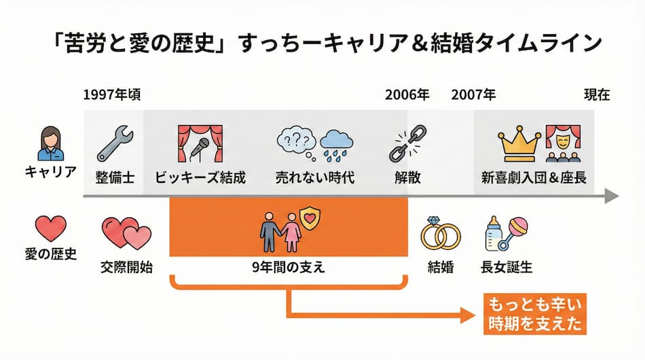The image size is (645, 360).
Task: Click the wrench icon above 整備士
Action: [x=115, y=143]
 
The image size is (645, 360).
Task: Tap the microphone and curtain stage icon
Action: [x=200, y=143]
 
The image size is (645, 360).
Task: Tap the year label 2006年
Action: [x=407, y=94]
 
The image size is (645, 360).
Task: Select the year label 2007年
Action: [x=473, y=94]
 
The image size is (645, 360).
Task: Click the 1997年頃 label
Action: [x=112, y=94]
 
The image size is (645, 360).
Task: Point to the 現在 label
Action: [x=597, y=94]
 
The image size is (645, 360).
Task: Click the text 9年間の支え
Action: [x=288, y=267]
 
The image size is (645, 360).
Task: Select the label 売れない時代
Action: [x=315, y=178]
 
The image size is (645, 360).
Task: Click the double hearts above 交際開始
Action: [x=126, y=233]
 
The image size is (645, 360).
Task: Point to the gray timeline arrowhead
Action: [x=611, y=197]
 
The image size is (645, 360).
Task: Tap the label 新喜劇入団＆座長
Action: [x=534, y=178]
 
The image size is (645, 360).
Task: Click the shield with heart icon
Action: [x=310, y=219]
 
